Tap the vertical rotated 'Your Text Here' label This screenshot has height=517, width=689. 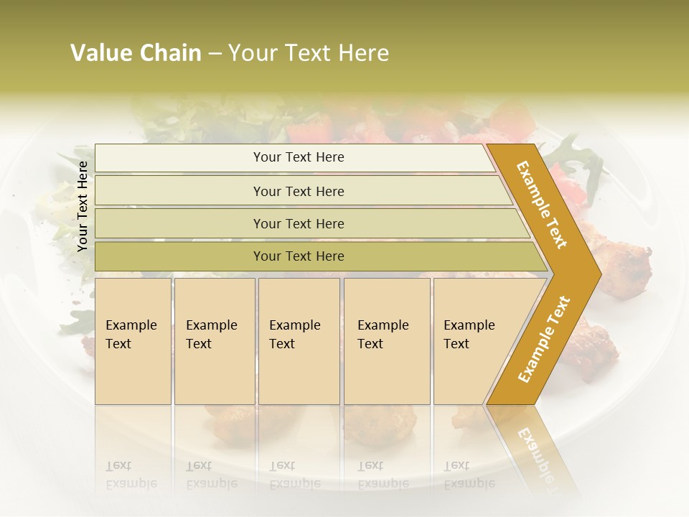[x=83, y=206]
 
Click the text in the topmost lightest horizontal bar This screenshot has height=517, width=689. [x=299, y=157]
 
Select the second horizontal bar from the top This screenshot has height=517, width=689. [x=299, y=191]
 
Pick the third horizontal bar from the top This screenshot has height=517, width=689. [x=299, y=224]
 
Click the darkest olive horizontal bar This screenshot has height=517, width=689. [x=299, y=256]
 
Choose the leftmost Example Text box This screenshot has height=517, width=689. [x=132, y=335]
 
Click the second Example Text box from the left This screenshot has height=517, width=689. [x=213, y=335]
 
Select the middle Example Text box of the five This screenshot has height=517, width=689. [x=297, y=335]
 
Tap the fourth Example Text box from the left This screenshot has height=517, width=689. [x=385, y=335]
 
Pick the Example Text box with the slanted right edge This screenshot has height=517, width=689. [x=470, y=335]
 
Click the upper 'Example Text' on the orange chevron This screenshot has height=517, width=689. [x=542, y=205]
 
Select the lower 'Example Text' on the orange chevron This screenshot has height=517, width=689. [x=543, y=340]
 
